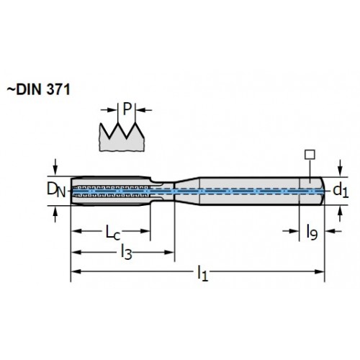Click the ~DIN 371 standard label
[38, 90]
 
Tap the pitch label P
[127, 109]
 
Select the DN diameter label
[56, 189]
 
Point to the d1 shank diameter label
[341, 191]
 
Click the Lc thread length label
[113, 232]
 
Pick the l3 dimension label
[127, 252]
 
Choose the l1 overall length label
[202, 273]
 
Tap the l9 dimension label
[312, 233]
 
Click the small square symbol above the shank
[310, 155]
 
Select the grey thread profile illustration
[122, 138]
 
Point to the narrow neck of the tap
[163, 192]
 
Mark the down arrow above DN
[55, 167]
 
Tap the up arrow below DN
[55, 215]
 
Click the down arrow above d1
[340, 168]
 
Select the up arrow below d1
[340, 214]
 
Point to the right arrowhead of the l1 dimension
[319, 271]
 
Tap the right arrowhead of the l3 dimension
[168, 252]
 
